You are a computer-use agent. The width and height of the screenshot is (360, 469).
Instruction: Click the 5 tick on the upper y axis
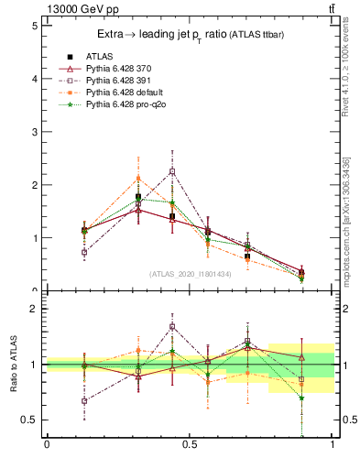tap(33, 26)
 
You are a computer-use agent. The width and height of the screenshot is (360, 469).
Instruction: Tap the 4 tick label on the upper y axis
tap(33, 79)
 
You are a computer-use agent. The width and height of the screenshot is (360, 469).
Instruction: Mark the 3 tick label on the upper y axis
tap(33, 132)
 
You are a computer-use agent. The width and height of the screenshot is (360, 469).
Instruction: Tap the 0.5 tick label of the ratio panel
tap(29, 420)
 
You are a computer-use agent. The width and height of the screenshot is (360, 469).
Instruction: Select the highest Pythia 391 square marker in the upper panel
tap(172, 171)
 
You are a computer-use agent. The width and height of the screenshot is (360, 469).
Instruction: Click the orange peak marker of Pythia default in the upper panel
tap(138, 179)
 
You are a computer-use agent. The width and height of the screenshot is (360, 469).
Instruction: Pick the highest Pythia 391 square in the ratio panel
tap(172, 326)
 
